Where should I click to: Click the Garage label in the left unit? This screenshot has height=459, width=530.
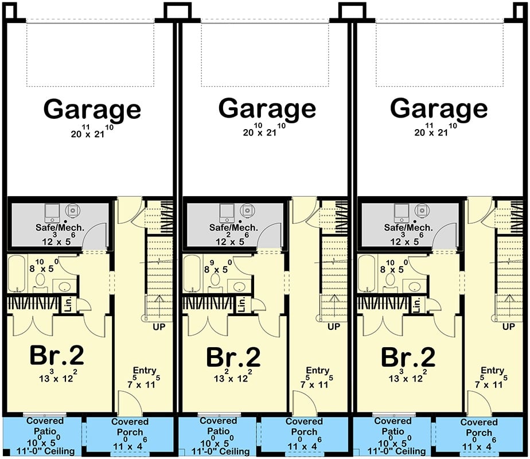(92, 109)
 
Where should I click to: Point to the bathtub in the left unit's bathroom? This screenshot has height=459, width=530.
(15, 273)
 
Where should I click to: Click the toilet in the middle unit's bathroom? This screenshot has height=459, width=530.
(216, 279)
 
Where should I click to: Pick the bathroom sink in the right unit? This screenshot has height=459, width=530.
(412, 286)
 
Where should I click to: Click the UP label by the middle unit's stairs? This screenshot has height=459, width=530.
(333, 327)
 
